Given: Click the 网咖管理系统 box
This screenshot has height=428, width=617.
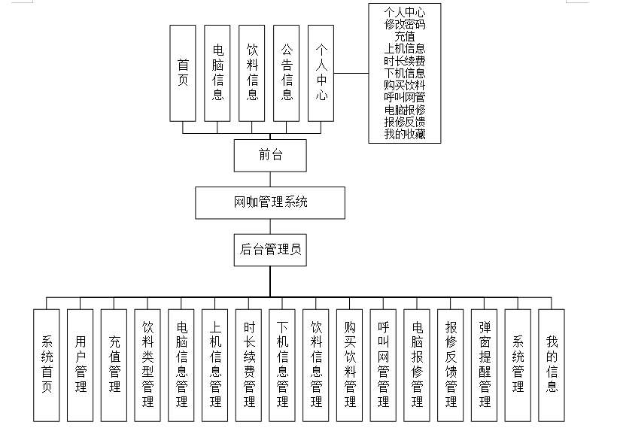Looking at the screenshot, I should [x=270, y=202].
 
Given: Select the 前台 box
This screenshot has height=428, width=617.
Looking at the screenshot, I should [x=270, y=156].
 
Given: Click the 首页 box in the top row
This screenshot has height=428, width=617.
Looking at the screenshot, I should [x=183, y=73].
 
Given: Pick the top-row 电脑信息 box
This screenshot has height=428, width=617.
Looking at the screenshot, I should [x=217, y=73].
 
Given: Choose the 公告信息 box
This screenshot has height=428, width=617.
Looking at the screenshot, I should [x=287, y=73].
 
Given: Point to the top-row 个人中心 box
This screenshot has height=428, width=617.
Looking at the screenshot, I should [x=321, y=73].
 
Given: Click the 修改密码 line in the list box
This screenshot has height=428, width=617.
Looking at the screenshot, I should [x=404, y=24].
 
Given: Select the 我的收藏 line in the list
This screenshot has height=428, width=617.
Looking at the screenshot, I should [x=404, y=134].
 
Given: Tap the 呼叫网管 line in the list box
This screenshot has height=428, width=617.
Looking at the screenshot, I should [x=404, y=97].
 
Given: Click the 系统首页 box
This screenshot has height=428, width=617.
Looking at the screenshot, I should [x=47, y=365].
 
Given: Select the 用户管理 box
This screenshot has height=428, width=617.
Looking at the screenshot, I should [x=81, y=365].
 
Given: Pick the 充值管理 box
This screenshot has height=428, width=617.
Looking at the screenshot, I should [x=114, y=365].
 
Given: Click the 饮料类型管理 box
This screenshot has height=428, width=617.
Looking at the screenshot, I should [x=147, y=365].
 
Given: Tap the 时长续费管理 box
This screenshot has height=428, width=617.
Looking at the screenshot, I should [x=249, y=365].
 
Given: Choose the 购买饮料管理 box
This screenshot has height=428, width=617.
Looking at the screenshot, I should [x=350, y=365].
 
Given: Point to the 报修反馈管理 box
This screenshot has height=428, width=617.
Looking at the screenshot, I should [x=451, y=365].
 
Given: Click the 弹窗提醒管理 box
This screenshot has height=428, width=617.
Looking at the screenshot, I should [x=485, y=365].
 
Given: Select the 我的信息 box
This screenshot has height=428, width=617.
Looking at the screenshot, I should [x=552, y=365].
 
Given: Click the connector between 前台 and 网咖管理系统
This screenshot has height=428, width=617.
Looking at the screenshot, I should [x=270, y=180].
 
